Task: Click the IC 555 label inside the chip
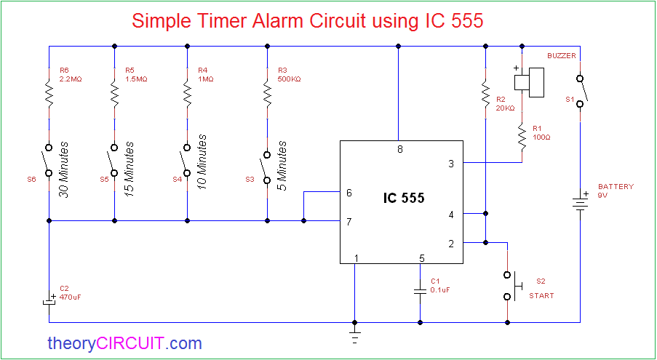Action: point(404,197)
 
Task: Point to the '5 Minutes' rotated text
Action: point(283,167)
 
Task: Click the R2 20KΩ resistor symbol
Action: point(485,95)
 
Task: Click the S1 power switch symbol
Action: point(581,91)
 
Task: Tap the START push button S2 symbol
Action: point(511,285)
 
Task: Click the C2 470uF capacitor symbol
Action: point(49,300)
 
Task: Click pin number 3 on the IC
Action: point(451,164)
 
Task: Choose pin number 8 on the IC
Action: point(399,150)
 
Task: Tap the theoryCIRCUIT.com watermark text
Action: point(124,343)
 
